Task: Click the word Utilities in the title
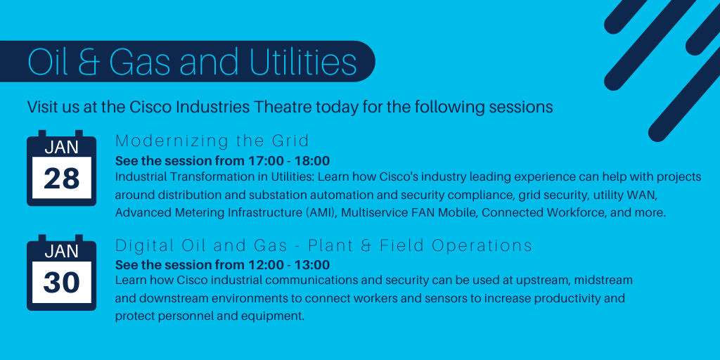(303, 62)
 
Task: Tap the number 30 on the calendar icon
(61, 283)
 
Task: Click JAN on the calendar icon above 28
(61, 147)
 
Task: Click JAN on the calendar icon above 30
(61, 251)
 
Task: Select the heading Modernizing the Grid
(212, 140)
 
